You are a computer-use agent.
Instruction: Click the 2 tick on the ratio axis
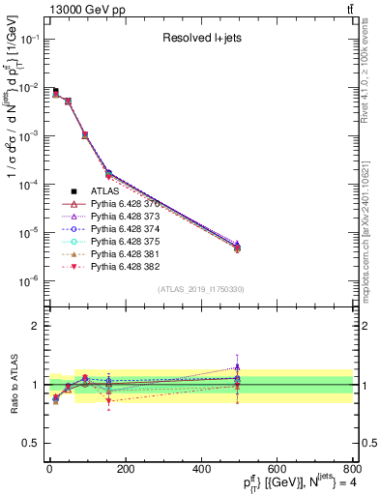point(41,326)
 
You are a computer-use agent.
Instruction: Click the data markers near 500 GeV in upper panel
point(237,247)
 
